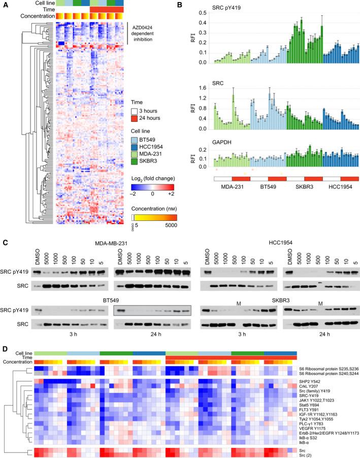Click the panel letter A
click(x=4, y=4)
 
